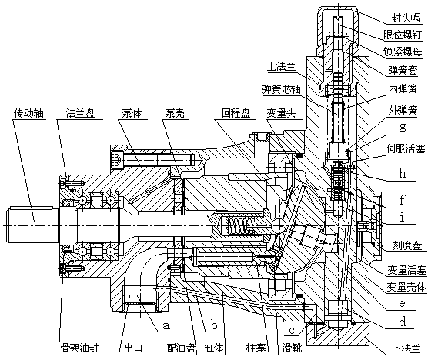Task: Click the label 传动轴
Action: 28,113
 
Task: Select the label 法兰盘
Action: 80,113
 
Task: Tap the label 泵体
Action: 132,113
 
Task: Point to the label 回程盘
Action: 236,113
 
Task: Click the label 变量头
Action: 281,113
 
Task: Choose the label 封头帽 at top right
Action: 406,18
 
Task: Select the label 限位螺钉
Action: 403,35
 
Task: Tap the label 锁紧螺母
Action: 403,52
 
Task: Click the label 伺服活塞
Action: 406,148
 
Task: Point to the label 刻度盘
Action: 406,246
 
